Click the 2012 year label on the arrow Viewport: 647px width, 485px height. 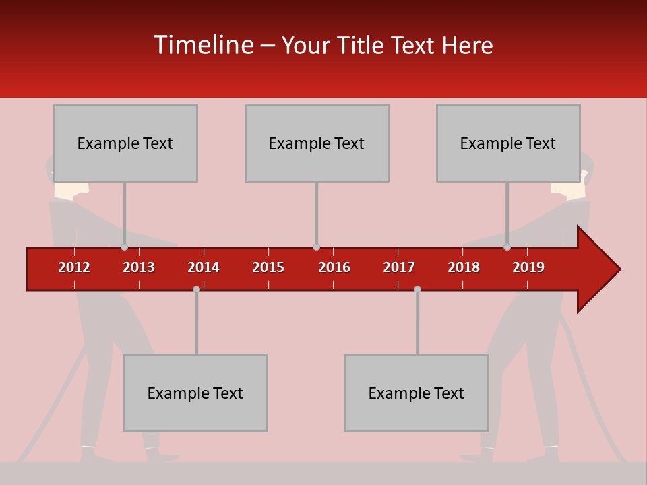[x=74, y=267]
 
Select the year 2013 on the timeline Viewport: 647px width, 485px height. [x=139, y=267]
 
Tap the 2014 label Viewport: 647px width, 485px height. [x=204, y=267]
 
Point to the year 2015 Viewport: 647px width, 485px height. [x=268, y=267]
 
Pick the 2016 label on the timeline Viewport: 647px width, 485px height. [x=334, y=267]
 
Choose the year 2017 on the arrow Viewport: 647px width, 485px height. [x=399, y=267]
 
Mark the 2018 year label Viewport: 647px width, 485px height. [x=464, y=267]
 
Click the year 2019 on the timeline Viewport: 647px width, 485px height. [x=528, y=267]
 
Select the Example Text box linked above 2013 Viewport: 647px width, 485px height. [x=125, y=143]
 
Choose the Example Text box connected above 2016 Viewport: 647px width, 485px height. [x=317, y=143]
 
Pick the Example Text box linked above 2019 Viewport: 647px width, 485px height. [x=508, y=143]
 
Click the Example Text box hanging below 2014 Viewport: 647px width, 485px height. [x=195, y=393]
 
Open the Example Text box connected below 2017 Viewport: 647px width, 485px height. [x=417, y=393]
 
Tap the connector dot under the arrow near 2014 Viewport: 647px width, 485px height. [x=196, y=289]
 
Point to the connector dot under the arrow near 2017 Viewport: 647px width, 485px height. [x=417, y=289]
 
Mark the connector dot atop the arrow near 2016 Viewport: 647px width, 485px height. [x=316, y=247]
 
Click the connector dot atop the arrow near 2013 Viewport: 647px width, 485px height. [x=124, y=247]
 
